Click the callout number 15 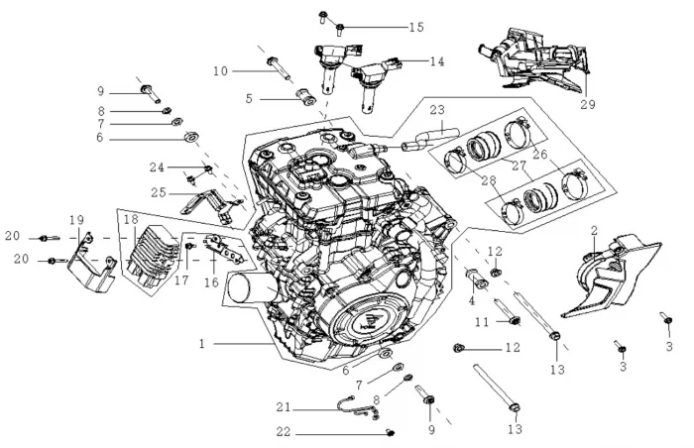tap(416, 27)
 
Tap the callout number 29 tap(588, 104)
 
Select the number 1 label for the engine tap(202, 344)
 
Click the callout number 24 tap(157, 168)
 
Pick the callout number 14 tap(437, 61)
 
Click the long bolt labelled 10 tap(280, 69)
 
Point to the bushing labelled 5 tap(305, 97)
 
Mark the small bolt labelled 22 tap(391, 432)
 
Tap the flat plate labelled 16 tap(223, 249)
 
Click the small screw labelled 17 tap(190, 246)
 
